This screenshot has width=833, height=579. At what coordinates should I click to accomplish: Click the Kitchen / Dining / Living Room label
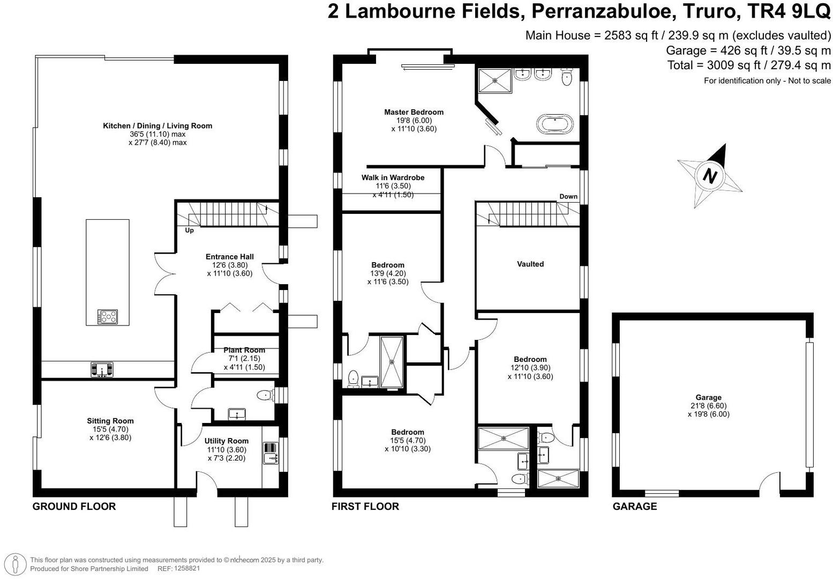coord(157,126)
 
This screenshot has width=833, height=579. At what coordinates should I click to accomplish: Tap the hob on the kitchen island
coord(108,317)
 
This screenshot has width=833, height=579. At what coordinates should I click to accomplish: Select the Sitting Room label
coord(110,421)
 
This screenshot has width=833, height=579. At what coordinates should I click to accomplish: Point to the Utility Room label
coord(227,441)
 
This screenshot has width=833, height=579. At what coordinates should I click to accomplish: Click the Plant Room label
coord(244,350)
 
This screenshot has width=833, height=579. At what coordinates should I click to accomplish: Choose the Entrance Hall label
coord(230,257)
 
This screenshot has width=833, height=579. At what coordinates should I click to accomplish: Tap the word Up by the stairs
coord(189,231)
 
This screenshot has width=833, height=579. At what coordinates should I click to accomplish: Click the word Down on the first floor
coord(568,196)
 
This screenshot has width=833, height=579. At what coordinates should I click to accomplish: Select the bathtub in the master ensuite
coord(555,123)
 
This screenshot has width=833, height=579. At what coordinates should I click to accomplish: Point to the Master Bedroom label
coord(414,112)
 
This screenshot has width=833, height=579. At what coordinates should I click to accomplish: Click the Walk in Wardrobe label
coord(393,177)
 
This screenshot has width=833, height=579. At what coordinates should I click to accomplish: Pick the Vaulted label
coord(530,264)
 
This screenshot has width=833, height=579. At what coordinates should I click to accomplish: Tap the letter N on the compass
coord(710,176)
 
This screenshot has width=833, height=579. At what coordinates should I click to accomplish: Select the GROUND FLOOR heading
coord(74,506)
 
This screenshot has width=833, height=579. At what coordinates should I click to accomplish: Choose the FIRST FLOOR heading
coord(365,506)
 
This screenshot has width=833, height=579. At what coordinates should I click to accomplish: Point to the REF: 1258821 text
coord(178,569)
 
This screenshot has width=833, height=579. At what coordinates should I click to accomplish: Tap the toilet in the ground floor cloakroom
coord(265,395)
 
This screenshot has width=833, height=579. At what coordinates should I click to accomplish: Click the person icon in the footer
coord(15,564)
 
